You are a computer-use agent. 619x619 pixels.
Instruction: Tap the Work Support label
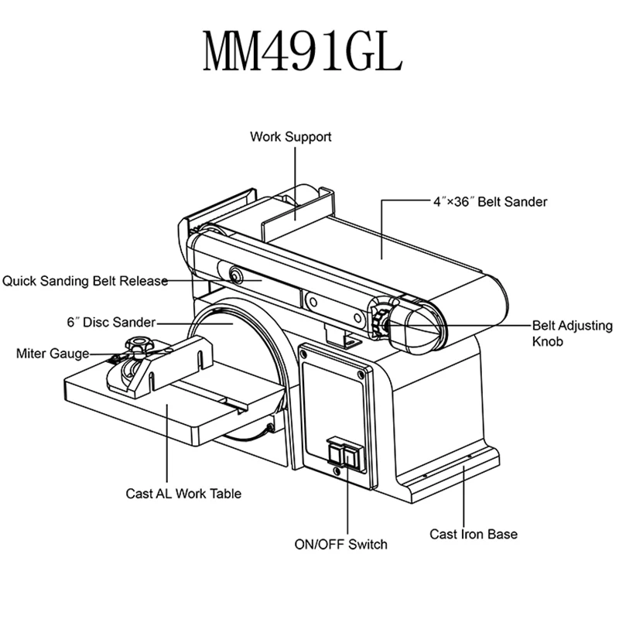point(290,137)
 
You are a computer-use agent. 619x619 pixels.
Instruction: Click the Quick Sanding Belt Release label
point(84,281)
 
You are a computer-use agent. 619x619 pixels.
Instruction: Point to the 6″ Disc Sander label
point(111,321)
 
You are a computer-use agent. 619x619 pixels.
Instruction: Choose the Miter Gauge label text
point(52,354)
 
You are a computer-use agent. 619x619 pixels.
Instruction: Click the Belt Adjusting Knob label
point(572,333)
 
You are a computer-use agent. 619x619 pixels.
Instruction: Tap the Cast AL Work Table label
point(183,493)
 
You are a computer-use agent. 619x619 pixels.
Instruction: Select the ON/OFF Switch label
point(340,544)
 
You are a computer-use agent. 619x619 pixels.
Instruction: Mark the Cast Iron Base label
point(474,534)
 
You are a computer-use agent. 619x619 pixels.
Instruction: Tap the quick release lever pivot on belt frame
point(234,272)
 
